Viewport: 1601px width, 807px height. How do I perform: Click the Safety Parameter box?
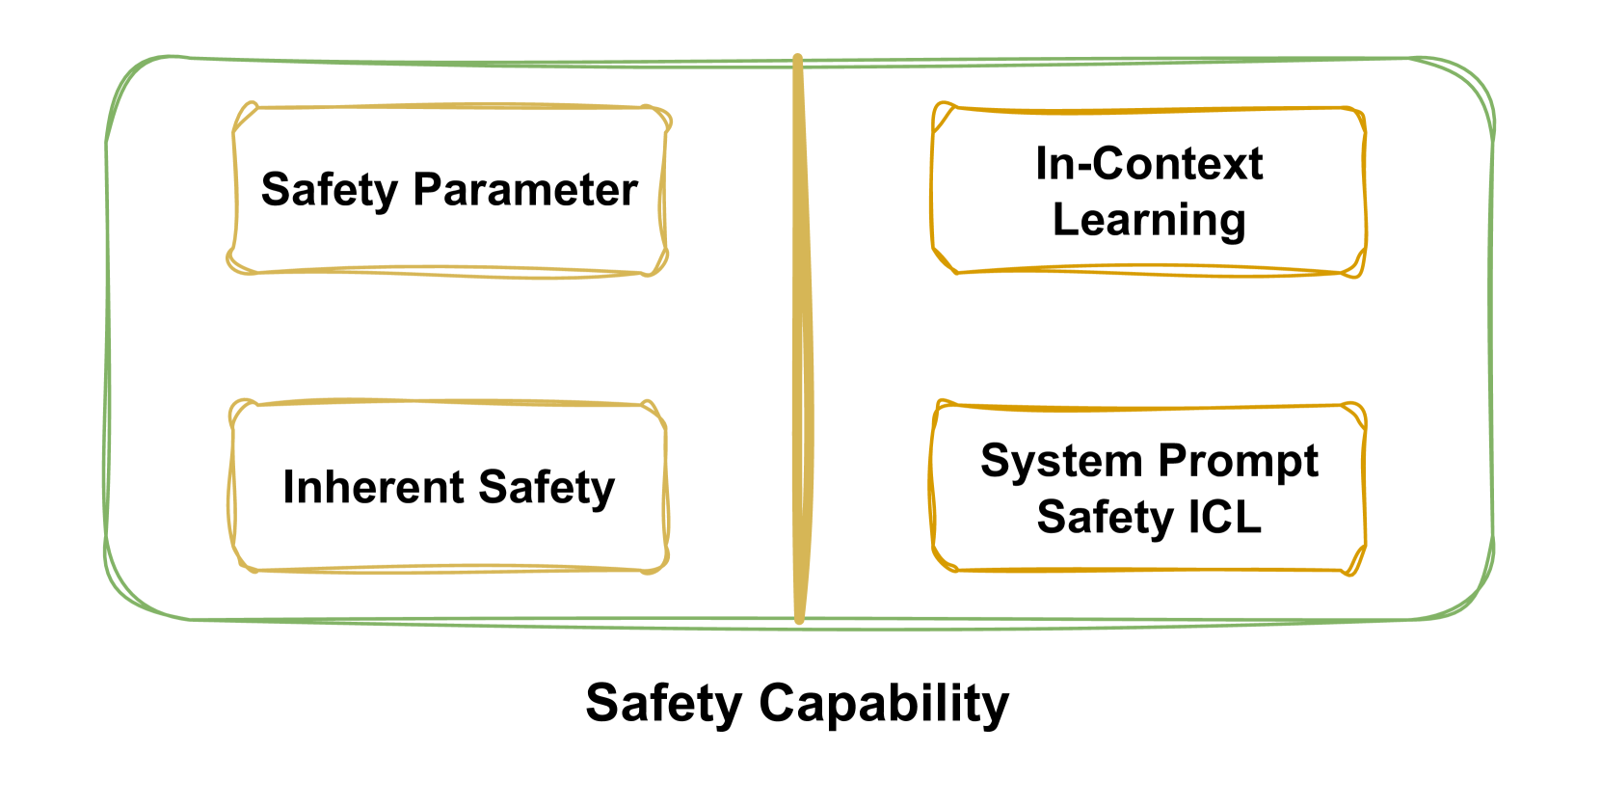(449, 241)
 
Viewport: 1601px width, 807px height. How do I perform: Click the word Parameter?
(525, 190)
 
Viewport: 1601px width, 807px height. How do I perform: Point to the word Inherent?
(373, 487)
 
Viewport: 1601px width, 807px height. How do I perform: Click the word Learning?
(1149, 220)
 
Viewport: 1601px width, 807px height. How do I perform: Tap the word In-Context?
(1149, 164)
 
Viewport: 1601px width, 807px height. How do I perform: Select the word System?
(1060, 462)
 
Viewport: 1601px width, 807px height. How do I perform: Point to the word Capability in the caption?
(884, 704)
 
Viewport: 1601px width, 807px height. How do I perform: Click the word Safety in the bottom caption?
(663, 704)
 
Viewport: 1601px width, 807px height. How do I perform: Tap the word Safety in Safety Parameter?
(329, 190)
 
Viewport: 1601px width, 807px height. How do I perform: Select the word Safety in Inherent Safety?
(546, 487)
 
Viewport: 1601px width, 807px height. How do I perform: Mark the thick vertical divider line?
(799, 337)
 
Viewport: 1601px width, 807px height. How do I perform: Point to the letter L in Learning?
(1063, 219)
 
